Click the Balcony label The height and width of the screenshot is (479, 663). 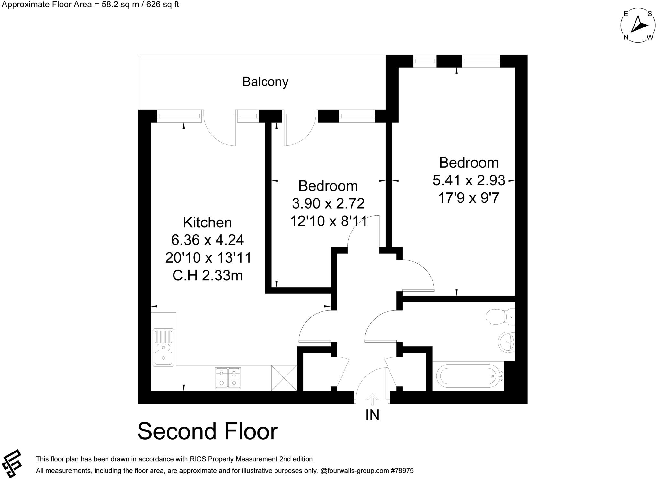pyautogui.click(x=265, y=82)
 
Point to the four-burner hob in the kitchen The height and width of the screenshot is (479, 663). pyautogui.click(x=228, y=378)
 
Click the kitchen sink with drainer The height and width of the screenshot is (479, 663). pyautogui.click(x=164, y=347)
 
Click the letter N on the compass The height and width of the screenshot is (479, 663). pyautogui.click(x=626, y=38)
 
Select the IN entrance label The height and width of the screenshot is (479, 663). pyautogui.click(x=372, y=415)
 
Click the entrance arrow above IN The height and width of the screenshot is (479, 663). pyautogui.click(x=372, y=399)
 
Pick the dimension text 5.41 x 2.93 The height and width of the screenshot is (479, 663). pyautogui.click(x=469, y=180)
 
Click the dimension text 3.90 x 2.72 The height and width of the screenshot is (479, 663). pyautogui.click(x=328, y=203)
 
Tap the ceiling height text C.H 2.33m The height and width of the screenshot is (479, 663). pyautogui.click(x=208, y=276)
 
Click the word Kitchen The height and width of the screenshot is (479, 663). pyautogui.click(x=208, y=223)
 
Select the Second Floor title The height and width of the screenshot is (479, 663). pyautogui.click(x=208, y=431)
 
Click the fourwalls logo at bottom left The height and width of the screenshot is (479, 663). pyautogui.click(x=11, y=463)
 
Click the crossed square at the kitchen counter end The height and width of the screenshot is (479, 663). pyautogui.click(x=284, y=378)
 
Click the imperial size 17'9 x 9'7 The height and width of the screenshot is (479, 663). pyautogui.click(x=469, y=198)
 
